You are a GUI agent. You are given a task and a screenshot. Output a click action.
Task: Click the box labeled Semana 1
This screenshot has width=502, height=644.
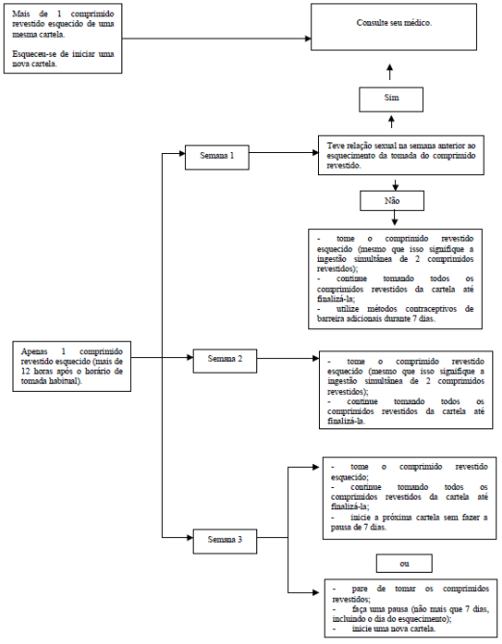[x=217, y=157]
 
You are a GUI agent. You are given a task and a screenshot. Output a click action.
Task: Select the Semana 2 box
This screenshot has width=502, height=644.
[x=225, y=361]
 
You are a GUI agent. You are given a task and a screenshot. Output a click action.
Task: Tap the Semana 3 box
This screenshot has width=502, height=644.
[x=225, y=541]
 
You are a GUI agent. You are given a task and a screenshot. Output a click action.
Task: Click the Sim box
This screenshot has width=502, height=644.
[x=391, y=99]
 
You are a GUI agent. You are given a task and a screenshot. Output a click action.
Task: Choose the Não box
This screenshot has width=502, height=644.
[x=392, y=201]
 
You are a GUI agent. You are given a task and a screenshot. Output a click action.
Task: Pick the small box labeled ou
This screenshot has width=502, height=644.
[x=404, y=563]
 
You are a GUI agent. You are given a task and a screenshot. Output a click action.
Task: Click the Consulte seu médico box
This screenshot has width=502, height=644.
[x=394, y=27]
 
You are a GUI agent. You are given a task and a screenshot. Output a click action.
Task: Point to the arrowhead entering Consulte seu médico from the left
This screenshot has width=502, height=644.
[x=308, y=39]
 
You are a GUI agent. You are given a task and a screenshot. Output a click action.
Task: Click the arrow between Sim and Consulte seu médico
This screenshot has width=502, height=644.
[x=390, y=72]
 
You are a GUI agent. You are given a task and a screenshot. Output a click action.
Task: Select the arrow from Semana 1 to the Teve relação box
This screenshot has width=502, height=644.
[x=283, y=153]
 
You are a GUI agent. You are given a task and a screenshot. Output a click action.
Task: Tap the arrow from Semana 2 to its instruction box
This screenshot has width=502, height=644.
[x=288, y=358]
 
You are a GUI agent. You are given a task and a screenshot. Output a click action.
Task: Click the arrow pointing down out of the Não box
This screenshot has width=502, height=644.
[x=395, y=218]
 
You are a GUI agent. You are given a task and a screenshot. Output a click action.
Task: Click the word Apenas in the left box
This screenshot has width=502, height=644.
[x=34, y=351]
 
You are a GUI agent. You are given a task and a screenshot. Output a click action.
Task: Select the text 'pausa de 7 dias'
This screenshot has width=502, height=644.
[x=358, y=528]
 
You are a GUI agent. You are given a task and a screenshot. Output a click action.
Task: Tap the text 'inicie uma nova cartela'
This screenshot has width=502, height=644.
[x=393, y=629]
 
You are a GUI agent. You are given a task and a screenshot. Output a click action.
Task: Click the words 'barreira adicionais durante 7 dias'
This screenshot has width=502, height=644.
[x=376, y=319]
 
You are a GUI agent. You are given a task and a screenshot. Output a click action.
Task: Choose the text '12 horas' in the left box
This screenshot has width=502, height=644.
[x=36, y=372]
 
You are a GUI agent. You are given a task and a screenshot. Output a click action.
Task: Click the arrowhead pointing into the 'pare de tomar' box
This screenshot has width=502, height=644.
[x=316, y=592]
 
